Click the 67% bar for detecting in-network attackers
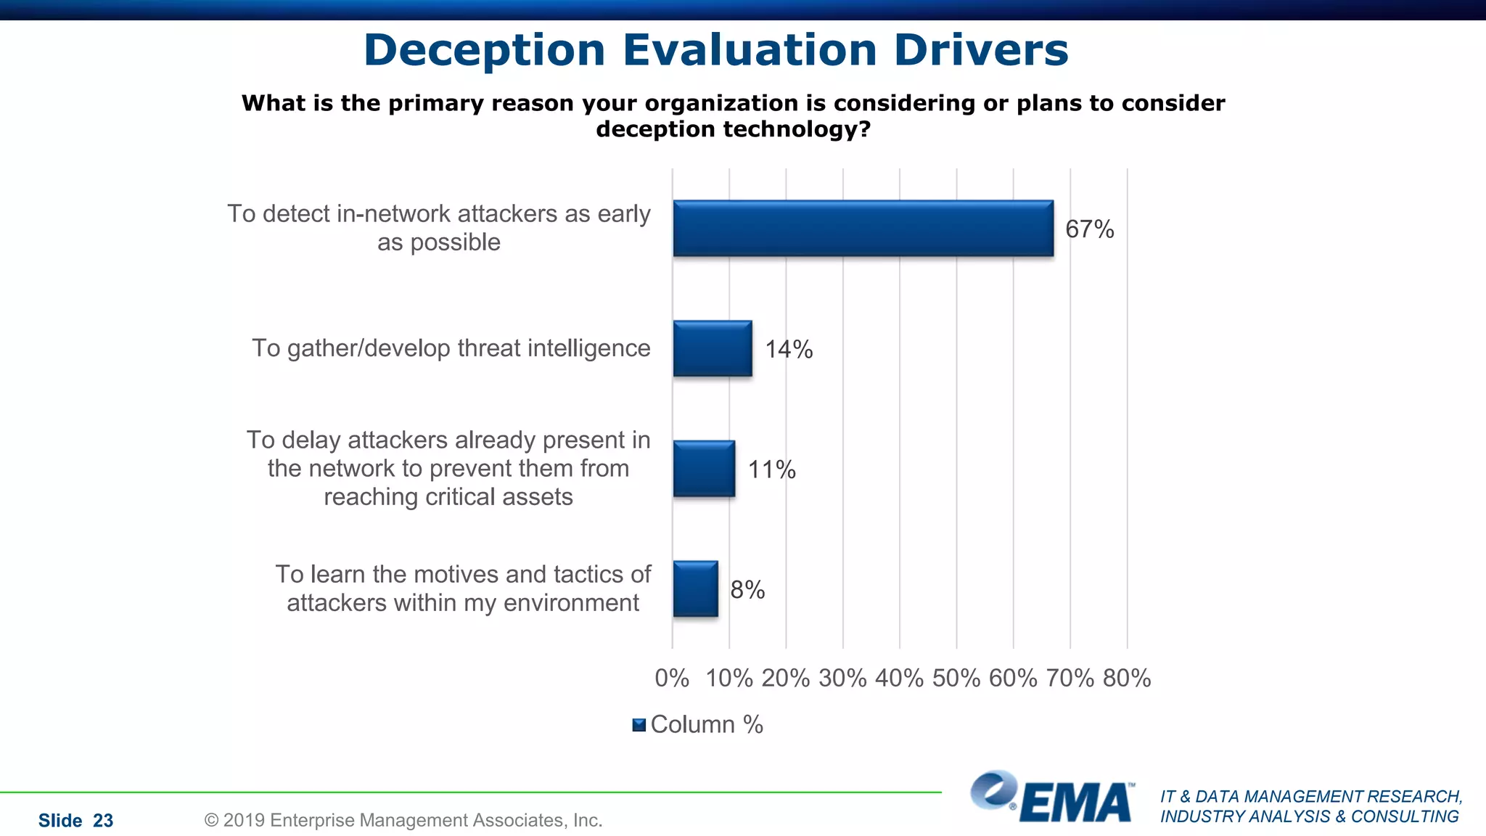863,229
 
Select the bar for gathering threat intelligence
713,349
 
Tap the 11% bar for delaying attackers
704,469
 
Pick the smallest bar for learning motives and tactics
695,589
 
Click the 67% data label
1089,229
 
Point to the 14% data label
789,350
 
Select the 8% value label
747,590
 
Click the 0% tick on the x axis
672,679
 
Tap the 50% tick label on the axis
956,679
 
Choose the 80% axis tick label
1127,679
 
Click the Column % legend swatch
639,725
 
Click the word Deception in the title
484,51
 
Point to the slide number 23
103,821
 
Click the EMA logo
1052,798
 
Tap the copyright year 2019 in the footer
245,821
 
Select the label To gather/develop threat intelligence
451,348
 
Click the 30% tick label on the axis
842,679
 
